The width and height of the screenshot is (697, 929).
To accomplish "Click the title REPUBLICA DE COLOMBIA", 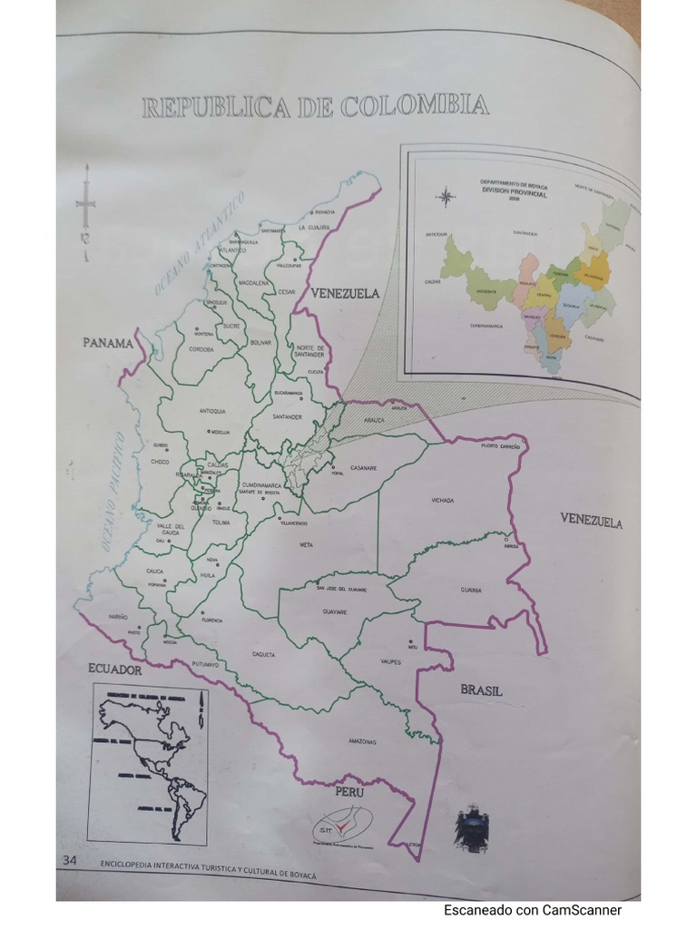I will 316,107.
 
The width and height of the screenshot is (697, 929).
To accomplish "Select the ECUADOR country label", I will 115,670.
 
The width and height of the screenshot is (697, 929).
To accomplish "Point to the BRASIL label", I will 481,690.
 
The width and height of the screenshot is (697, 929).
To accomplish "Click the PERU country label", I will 349,791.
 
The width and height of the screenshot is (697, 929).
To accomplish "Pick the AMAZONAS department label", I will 361,741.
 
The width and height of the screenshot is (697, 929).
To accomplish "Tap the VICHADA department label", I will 442,500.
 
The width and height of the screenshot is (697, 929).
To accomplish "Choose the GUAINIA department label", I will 470,590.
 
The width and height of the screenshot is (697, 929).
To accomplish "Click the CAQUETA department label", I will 263,653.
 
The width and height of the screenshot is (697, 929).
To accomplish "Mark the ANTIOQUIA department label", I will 211,411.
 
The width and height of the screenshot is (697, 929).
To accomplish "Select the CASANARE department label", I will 363,468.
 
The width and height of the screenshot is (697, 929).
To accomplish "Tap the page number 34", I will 70,860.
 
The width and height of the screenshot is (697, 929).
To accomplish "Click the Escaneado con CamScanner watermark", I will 533,910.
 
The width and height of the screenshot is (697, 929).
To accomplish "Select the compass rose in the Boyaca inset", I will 447,196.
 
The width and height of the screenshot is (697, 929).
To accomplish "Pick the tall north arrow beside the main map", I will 86,213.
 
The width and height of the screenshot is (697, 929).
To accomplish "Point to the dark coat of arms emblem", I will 472,827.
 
